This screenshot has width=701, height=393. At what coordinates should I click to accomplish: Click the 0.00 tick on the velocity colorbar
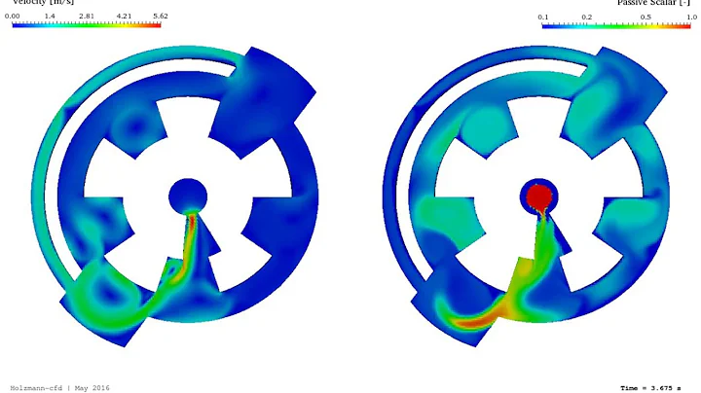[14, 17]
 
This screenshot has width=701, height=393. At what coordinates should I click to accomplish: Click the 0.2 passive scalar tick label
[587, 17]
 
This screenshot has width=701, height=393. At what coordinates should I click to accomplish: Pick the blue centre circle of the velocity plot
[187, 196]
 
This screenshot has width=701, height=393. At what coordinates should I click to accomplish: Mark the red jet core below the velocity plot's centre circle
[192, 222]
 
